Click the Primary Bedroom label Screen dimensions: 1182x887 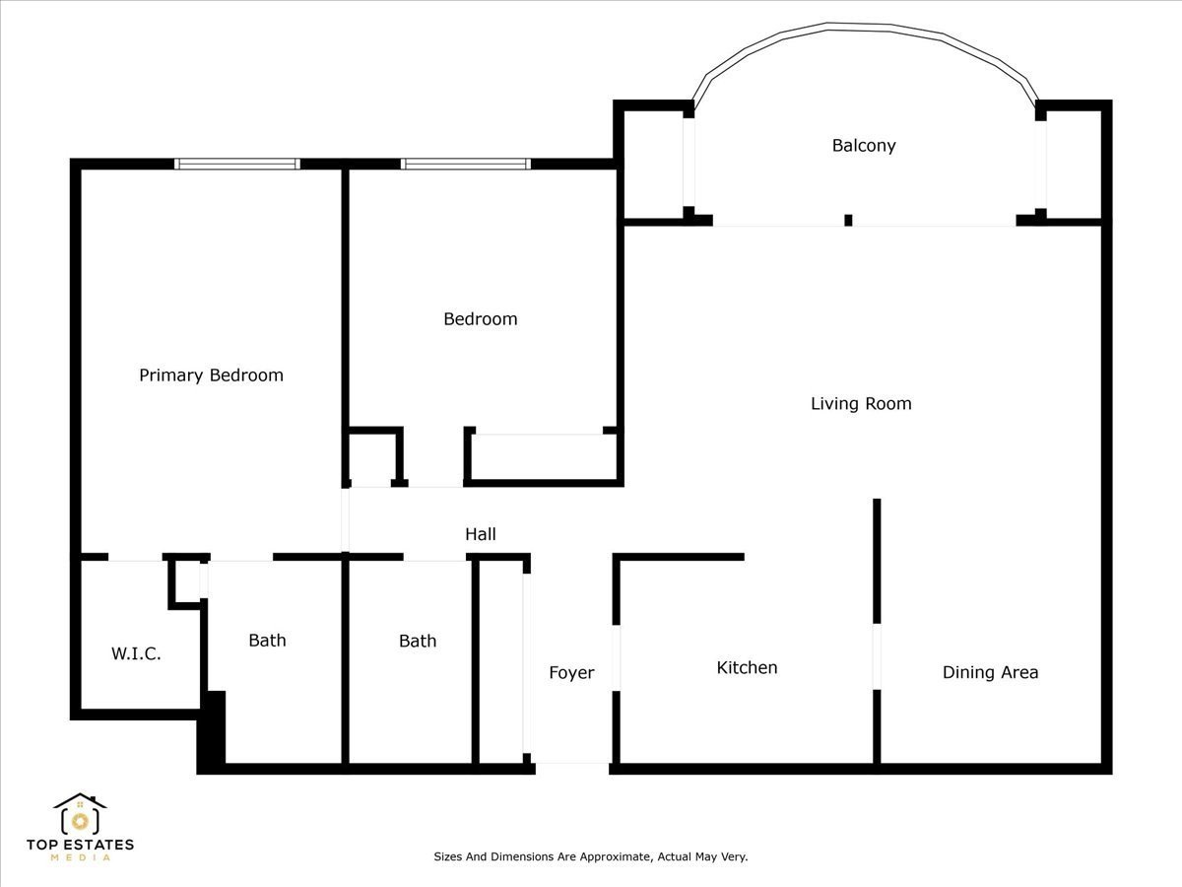211,375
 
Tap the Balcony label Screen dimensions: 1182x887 864,146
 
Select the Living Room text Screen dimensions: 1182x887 861,403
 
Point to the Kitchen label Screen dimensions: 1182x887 747,668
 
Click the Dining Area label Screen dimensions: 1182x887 990,672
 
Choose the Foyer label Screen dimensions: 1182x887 571,673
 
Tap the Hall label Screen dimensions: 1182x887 481,534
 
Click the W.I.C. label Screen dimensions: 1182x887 136,653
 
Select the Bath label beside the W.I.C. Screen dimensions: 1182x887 267,641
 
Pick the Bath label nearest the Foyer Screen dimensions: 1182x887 418,641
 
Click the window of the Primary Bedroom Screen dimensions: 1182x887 237,164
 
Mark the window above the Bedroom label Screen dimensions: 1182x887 465,164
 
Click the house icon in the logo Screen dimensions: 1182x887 80,814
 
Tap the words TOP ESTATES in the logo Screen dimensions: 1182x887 80,845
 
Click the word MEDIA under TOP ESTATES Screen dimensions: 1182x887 80,857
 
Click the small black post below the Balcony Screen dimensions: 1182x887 848,220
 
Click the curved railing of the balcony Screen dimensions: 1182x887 866,27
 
